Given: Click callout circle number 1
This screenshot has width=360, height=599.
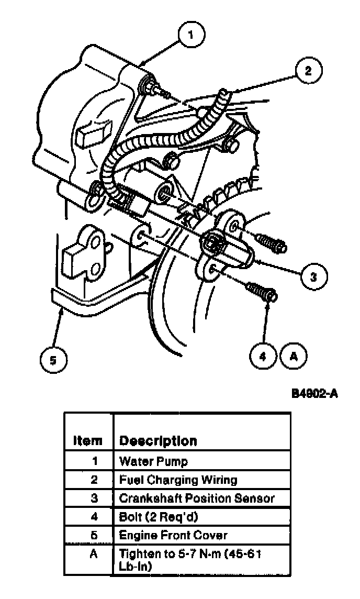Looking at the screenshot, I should coord(190,36).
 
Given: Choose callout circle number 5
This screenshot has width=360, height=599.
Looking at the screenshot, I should coord(52,360).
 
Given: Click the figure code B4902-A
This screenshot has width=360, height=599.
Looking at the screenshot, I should coord(314,393).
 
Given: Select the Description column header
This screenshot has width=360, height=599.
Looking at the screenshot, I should coord(158,440).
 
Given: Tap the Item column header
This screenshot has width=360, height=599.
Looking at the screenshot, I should coord(87,440).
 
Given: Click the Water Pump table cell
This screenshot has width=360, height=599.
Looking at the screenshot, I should coord(153,461).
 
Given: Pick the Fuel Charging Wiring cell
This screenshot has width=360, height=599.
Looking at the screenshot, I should coord(178,480).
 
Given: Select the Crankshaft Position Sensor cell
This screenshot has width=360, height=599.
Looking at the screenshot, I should coord(197,498).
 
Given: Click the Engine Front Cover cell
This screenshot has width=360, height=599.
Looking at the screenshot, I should coord(173,535).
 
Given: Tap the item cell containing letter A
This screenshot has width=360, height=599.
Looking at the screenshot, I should coord(94,553).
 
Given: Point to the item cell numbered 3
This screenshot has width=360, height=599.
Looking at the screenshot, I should coord(94,498).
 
